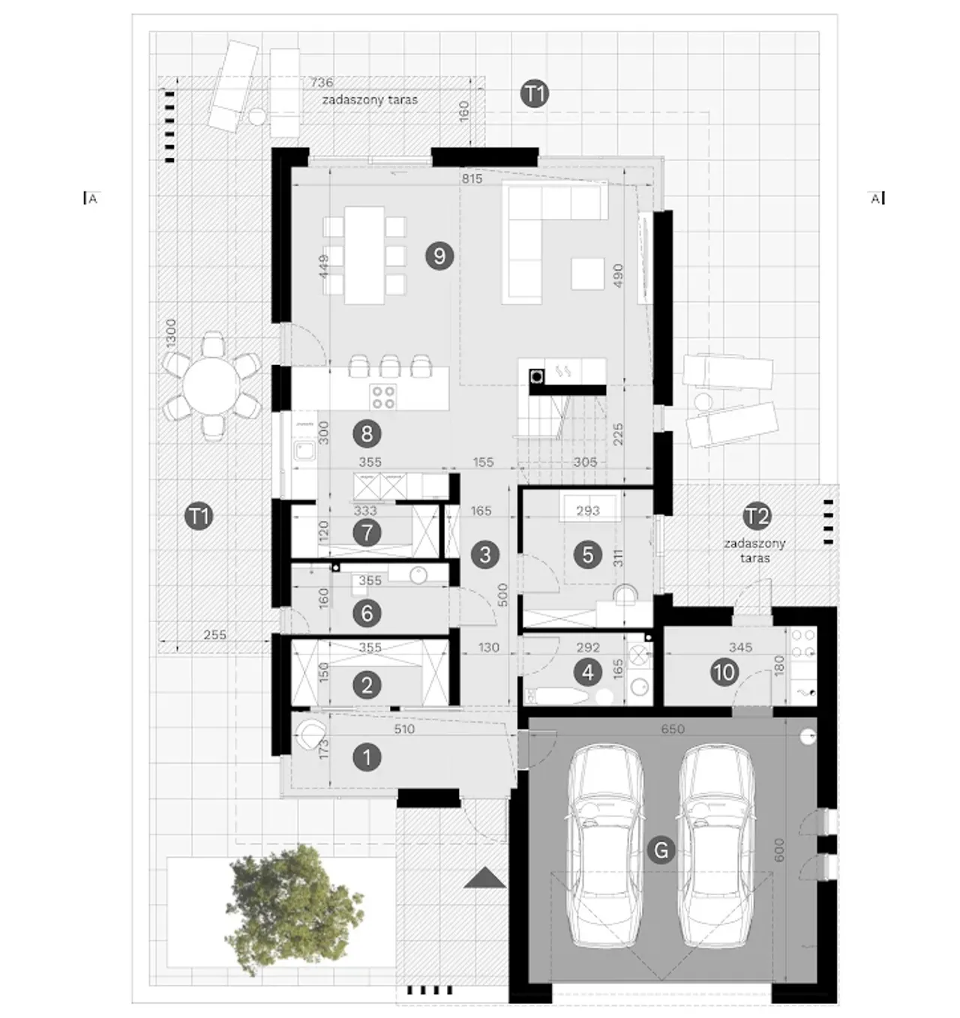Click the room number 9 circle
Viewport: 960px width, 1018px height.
click(439, 256)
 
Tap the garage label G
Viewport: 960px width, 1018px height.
click(661, 850)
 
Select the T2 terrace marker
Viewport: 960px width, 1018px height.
click(757, 516)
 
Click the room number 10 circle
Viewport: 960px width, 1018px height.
click(724, 672)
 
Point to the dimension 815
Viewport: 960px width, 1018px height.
click(472, 178)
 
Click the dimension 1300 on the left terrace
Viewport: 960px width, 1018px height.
click(171, 333)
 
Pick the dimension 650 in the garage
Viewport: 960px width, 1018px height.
click(673, 729)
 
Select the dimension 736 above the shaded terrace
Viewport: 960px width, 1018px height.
click(322, 82)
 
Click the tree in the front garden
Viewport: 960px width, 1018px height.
click(294, 910)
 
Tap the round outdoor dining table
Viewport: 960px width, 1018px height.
click(211, 385)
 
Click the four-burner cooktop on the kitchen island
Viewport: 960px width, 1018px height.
click(383, 397)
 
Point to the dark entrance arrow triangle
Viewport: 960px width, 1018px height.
click(484, 877)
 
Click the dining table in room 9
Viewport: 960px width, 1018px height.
click(364, 256)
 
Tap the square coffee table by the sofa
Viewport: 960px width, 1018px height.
click(587, 274)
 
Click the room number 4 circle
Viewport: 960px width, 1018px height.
click(588, 672)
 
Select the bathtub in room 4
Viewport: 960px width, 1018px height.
click(556, 696)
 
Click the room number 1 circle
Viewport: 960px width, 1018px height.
click(367, 757)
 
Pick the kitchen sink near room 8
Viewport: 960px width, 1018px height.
click(304, 451)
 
